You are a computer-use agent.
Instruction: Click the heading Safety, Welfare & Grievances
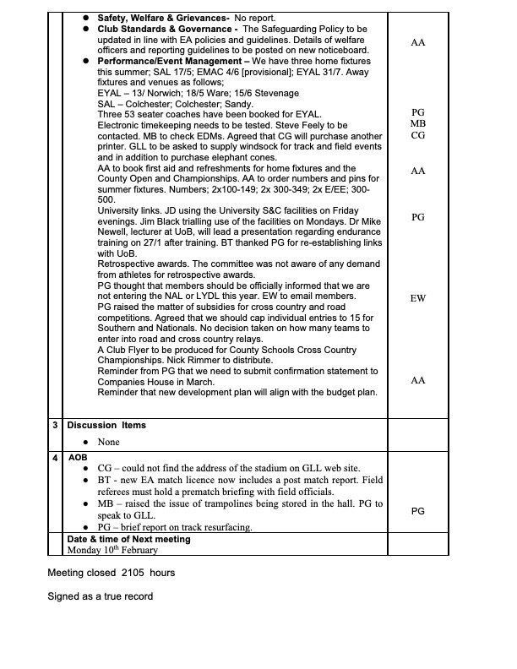click(x=163, y=18)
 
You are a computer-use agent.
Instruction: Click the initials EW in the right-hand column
click(x=417, y=298)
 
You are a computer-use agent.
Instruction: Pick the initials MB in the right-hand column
click(x=417, y=123)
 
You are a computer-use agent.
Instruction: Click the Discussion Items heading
click(x=106, y=426)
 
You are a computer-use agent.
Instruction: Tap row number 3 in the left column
click(x=55, y=426)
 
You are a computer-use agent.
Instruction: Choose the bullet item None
click(x=108, y=442)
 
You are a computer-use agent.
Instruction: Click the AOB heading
click(x=78, y=457)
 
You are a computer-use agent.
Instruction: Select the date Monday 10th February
click(x=117, y=549)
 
